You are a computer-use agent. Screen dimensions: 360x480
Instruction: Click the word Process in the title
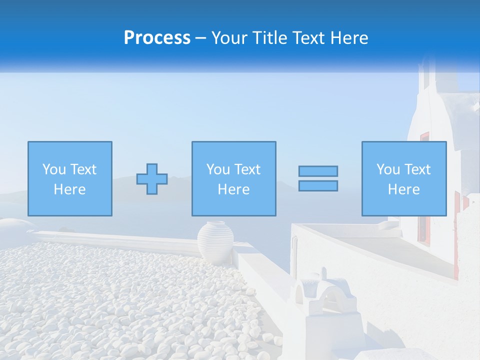click(x=157, y=38)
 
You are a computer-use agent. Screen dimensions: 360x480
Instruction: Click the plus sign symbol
click(x=152, y=179)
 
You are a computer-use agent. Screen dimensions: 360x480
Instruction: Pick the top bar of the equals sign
click(x=318, y=171)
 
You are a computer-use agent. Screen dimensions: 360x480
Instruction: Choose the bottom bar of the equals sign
click(x=318, y=185)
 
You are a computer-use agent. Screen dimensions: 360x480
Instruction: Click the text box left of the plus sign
click(x=69, y=178)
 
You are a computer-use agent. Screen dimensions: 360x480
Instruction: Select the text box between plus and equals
click(x=233, y=178)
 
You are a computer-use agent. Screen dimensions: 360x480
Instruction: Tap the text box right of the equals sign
click(x=403, y=178)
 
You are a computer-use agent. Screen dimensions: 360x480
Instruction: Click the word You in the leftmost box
click(x=54, y=169)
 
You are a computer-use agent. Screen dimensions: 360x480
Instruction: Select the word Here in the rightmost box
click(x=403, y=189)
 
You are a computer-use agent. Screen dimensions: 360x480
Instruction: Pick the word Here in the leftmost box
click(x=69, y=189)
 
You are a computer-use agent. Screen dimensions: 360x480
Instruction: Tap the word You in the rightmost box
click(x=388, y=169)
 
